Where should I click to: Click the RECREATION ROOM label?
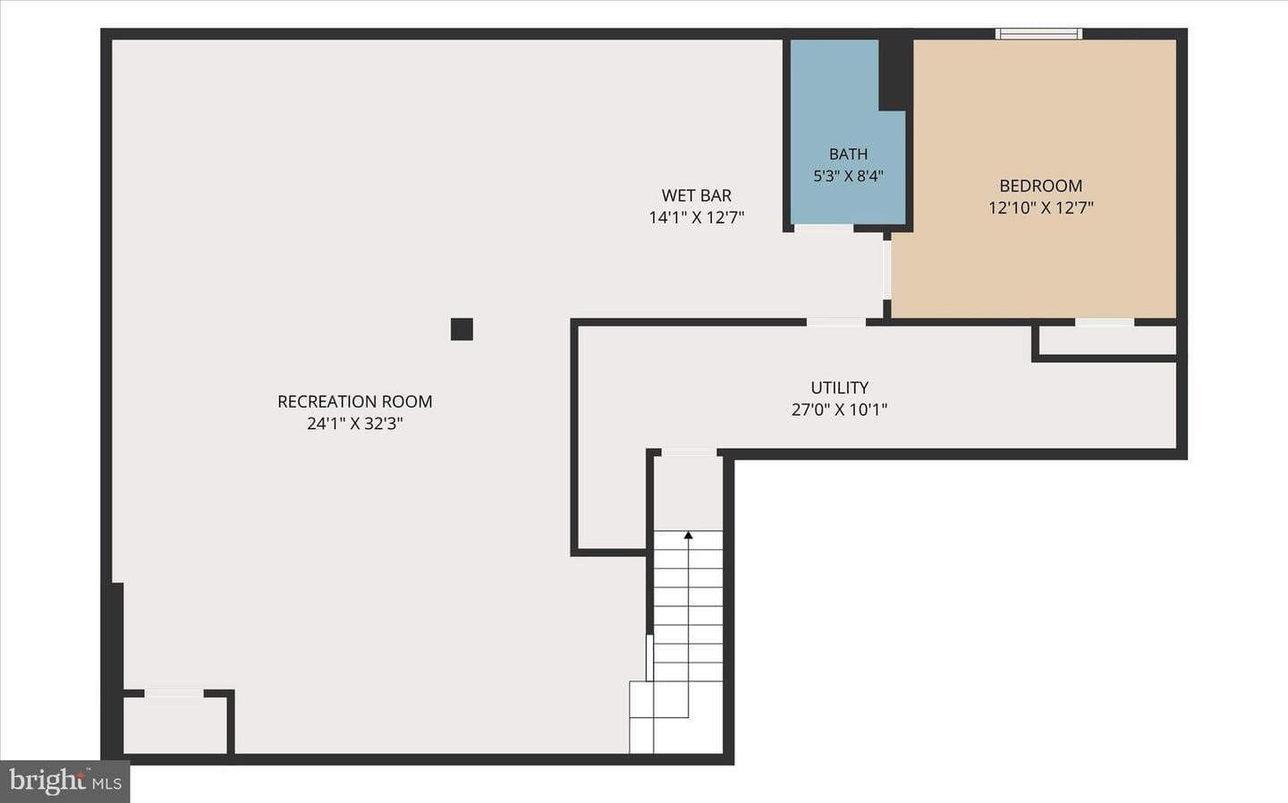pyautogui.click(x=355, y=401)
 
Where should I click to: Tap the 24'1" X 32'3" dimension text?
pyautogui.click(x=355, y=424)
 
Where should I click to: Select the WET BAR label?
pyautogui.click(x=696, y=196)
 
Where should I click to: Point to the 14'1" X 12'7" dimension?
pyautogui.click(x=696, y=217)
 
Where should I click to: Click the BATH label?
pyautogui.click(x=848, y=154)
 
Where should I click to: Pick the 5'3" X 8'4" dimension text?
pyautogui.click(x=848, y=176)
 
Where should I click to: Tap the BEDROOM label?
pyautogui.click(x=1041, y=186)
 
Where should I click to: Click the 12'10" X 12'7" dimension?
pyautogui.click(x=1041, y=207)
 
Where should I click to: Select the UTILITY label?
pyautogui.click(x=840, y=387)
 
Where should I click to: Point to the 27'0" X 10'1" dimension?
pyautogui.click(x=840, y=410)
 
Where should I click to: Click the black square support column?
pyautogui.click(x=462, y=329)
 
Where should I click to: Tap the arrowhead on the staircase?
pyautogui.click(x=689, y=535)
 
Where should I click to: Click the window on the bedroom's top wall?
pyautogui.click(x=1038, y=34)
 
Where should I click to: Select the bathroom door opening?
pyautogui.click(x=824, y=229)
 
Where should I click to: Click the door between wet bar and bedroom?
pyautogui.click(x=887, y=269)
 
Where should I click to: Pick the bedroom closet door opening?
pyautogui.click(x=1105, y=323)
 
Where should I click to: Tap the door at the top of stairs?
pyautogui.click(x=689, y=452)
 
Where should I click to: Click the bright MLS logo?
pyautogui.click(x=65, y=782)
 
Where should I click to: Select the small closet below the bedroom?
pyautogui.click(x=1107, y=341)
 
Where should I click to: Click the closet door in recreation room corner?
pyautogui.click(x=174, y=693)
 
